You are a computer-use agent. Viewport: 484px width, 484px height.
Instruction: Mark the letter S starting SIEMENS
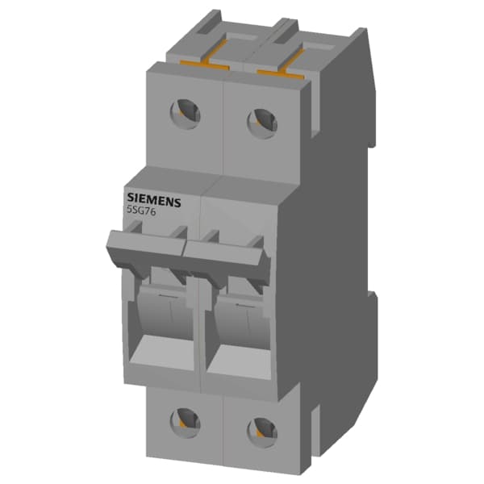click(130, 197)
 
